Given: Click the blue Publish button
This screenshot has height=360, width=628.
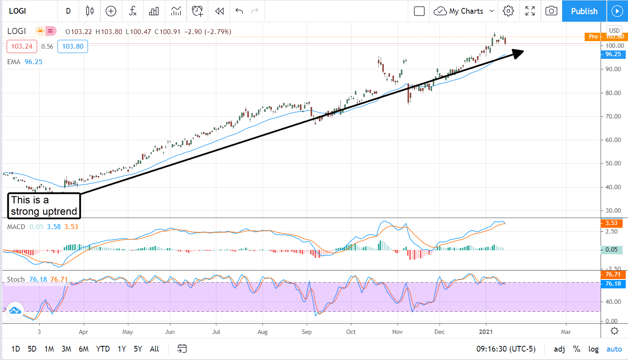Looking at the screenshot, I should click(584, 11).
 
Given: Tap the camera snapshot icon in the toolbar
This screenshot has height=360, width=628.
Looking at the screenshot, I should click(551, 11).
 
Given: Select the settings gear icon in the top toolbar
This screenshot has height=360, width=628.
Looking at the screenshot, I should click(508, 11).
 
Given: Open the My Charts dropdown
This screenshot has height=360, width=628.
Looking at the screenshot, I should click(464, 11).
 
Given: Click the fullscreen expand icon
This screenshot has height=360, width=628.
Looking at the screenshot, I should click(530, 11).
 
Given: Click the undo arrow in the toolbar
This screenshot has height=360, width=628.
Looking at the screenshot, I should click(239, 11).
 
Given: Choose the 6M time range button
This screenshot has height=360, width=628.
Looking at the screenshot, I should click(84, 349).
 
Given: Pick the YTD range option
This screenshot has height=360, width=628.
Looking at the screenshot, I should click(103, 349).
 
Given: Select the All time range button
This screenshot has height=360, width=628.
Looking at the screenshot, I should click(154, 349).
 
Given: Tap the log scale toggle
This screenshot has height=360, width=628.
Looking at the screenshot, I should click(593, 349).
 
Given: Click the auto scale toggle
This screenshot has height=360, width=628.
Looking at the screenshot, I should click(614, 349).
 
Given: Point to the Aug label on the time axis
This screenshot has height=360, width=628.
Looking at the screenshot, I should click(263, 331).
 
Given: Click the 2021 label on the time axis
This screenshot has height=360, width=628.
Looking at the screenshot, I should click(486, 331).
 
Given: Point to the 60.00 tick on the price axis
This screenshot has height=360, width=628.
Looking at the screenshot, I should click(614, 140).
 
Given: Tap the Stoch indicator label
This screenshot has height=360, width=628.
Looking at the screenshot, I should click(16, 280).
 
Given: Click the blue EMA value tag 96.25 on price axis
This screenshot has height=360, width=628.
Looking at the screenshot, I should click(613, 54).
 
